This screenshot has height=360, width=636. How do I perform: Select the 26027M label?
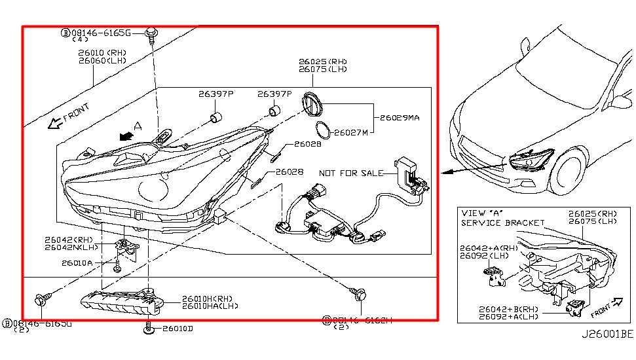[x=351, y=132]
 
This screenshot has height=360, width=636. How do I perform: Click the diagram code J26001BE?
[x=607, y=333]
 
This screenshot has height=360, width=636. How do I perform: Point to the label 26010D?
[x=178, y=328]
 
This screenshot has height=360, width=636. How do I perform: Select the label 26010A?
[x=77, y=263]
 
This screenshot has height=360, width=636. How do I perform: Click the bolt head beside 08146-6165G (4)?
[x=151, y=32]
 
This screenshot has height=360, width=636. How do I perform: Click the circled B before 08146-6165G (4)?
[x=65, y=31]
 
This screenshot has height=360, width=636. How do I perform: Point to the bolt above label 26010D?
[x=150, y=325]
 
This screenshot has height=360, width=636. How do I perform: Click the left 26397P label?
[x=216, y=94]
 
